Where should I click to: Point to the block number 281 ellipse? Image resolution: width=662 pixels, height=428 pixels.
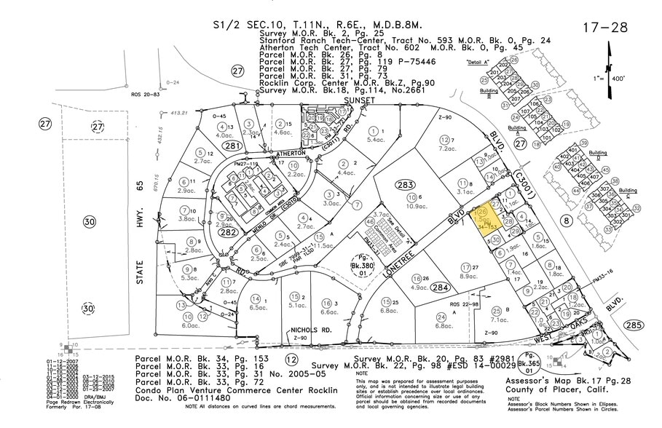pyautogui.click(x=212, y=146)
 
